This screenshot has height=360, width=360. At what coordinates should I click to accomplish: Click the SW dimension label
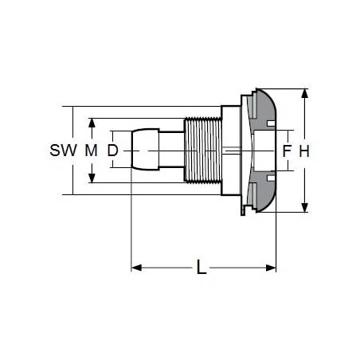[64, 151]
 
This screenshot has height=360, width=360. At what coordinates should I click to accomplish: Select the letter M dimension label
[91, 151]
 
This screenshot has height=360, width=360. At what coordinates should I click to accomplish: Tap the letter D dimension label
[112, 151]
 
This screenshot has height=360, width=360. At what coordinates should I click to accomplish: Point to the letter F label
[287, 151]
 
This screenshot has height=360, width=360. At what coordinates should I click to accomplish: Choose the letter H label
[304, 151]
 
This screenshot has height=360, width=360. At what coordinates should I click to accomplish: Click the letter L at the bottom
[202, 267]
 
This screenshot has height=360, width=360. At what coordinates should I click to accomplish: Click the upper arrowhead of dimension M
[92, 123]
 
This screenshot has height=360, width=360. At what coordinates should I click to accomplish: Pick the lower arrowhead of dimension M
[92, 178]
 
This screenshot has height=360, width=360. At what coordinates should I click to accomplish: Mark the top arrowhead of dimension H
[305, 94]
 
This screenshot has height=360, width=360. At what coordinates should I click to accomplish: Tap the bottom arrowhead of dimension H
[305, 207]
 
